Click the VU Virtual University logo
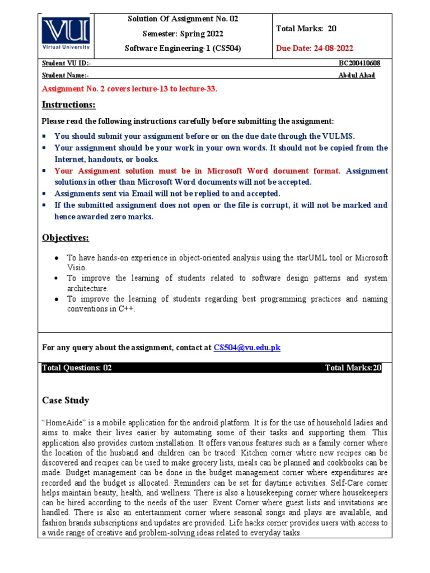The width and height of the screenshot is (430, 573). tap(66, 34)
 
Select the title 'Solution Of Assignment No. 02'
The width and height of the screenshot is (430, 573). tap(183, 19)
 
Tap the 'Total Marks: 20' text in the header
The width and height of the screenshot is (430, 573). tap(306, 29)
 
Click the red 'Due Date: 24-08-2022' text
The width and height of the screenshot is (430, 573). tap(315, 49)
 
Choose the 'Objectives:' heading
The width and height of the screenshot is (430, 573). tap(66, 238)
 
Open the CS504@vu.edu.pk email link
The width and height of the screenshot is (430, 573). tap(247, 347)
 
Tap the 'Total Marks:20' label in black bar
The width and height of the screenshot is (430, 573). tap(353, 368)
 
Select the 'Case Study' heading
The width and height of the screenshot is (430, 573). tap(66, 401)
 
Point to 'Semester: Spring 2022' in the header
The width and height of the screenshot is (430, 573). tap(183, 34)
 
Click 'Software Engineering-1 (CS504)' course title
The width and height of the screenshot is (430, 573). tap(183, 49)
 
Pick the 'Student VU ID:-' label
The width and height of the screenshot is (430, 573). tap(65, 64)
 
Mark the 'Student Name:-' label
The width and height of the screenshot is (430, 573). tap(66, 76)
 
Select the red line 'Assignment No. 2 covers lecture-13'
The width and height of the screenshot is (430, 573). tap(129, 89)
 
